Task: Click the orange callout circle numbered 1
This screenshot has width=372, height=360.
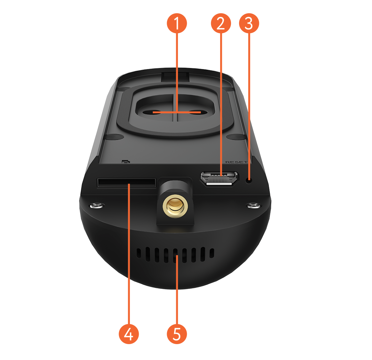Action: pos(177,23)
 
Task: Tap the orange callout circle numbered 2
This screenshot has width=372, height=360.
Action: pos(221,23)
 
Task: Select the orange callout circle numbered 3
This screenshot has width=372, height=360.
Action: pos(249,23)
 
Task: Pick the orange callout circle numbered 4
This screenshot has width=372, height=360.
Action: pos(129,334)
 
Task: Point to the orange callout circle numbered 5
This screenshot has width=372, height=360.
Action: pos(177,334)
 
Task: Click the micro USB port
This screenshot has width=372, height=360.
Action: pos(219,178)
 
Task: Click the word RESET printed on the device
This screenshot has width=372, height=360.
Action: pos(236,162)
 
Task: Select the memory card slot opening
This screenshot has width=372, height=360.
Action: pos(126,182)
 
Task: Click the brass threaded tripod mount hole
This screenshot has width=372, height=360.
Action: pos(175,205)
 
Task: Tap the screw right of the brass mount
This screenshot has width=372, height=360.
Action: pos(253,205)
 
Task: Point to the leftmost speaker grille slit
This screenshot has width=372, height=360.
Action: pos(139,253)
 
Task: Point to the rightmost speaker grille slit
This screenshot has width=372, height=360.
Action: pos(212,253)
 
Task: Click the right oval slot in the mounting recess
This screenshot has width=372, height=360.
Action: pos(194,112)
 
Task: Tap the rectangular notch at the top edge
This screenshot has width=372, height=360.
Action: pos(175,76)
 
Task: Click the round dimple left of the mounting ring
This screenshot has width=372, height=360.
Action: pos(114,136)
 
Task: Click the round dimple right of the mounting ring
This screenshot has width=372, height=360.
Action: pos(236,137)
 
